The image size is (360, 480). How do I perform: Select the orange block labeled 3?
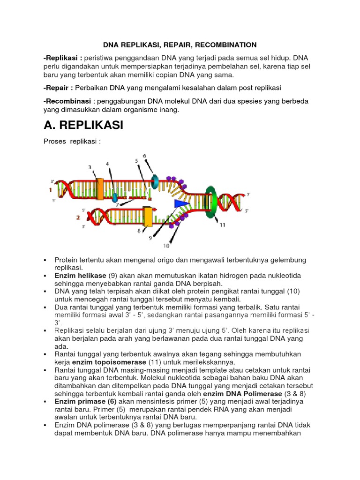[99, 188]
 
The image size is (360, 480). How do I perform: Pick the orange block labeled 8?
[148, 217]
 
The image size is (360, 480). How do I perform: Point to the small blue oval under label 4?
[114, 198]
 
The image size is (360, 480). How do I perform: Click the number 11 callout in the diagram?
[222, 225]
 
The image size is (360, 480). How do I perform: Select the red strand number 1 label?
[50, 190]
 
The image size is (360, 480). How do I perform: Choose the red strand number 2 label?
[78, 217]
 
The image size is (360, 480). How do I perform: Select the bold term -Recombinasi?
[67, 101]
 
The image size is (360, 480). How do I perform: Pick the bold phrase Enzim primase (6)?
[85, 402]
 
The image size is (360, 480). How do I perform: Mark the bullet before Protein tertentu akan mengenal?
[45, 260]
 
